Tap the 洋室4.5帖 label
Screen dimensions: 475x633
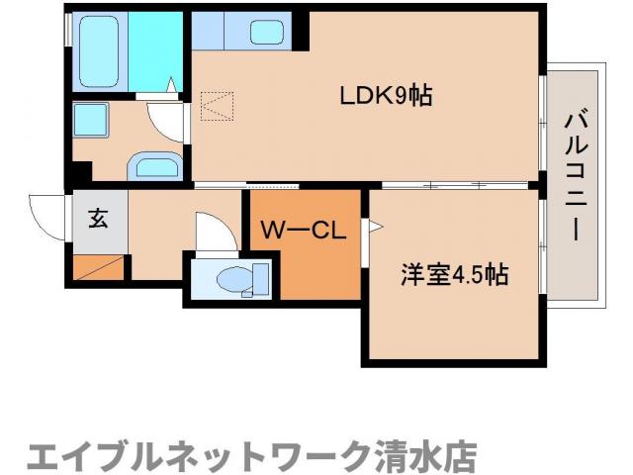[454, 274]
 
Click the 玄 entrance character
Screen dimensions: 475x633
[98, 220]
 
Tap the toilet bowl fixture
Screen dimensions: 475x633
[229, 279]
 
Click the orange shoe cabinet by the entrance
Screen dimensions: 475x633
[99, 266]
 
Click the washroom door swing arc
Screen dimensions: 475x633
[165, 121]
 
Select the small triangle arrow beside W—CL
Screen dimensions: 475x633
[375, 228]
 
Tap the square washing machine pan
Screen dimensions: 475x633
[96, 123]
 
